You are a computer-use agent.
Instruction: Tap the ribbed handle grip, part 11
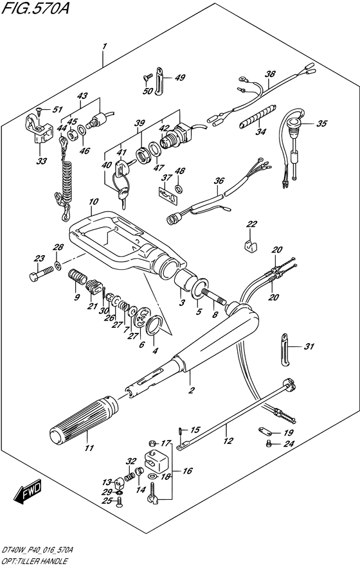[x=83, y=420]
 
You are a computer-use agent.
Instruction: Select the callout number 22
[x=251, y=224]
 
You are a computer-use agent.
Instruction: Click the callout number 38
[x=270, y=75]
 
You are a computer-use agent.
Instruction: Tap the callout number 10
[x=93, y=201]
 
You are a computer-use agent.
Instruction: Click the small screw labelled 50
[x=148, y=76]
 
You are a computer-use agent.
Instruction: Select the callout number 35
[x=321, y=124]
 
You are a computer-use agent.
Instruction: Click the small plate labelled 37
[x=169, y=194]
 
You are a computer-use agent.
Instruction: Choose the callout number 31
[x=309, y=347]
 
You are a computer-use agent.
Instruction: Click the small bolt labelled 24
[x=269, y=443]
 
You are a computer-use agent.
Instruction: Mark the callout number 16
[x=187, y=471]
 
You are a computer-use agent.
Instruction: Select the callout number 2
[x=192, y=390]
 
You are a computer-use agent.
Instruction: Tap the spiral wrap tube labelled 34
[x=258, y=116]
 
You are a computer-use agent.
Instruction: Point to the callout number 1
[x=104, y=46]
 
